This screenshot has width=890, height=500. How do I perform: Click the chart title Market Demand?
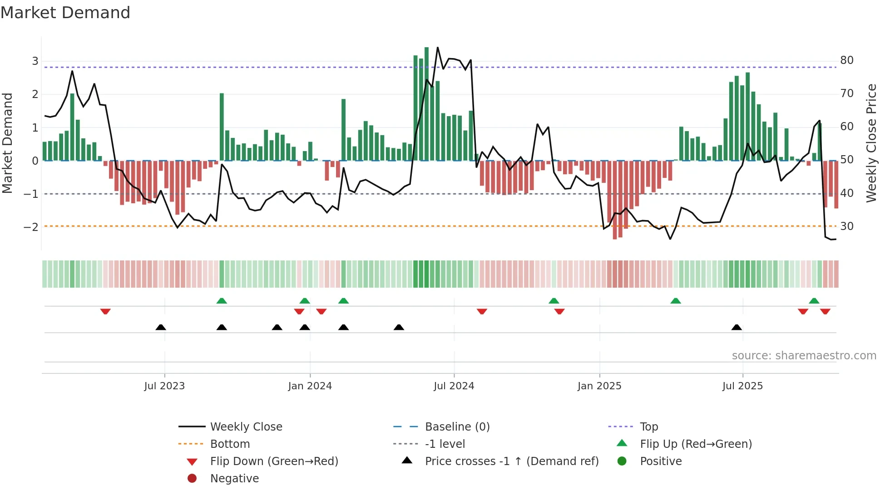click(x=65, y=13)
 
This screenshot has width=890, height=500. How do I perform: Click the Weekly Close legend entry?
click(x=246, y=427)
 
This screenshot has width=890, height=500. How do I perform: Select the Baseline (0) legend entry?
click(x=457, y=427)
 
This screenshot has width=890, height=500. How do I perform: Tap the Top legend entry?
click(x=648, y=427)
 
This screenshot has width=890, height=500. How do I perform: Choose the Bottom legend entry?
click(x=230, y=444)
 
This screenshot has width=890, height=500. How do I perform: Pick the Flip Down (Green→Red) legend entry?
click(x=274, y=461)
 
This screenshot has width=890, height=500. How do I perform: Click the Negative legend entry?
click(x=234, y=479)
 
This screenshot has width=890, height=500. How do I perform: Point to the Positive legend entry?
click(x=660, y=461)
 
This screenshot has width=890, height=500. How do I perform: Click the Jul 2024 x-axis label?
click(x=454, y=386)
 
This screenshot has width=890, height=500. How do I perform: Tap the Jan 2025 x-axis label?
click(x=599, y=386)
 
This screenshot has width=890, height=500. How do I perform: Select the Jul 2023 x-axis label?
click(x=164, y=386)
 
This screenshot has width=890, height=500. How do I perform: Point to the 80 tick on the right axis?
click(x=846, y=60)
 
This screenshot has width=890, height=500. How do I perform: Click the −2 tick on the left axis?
click(x=31, y=227)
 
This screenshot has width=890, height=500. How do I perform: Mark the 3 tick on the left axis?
click(x=35, y=61)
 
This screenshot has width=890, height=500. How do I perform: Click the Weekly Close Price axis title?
click(x=871, y=143)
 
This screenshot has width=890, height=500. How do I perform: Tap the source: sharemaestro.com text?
click(x=804, y=356)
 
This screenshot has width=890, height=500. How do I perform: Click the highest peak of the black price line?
click(x=437, y=48)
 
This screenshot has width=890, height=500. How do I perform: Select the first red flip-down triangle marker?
click(x=105, y=311)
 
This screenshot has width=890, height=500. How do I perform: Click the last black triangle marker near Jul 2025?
click(x=737, y=327)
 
